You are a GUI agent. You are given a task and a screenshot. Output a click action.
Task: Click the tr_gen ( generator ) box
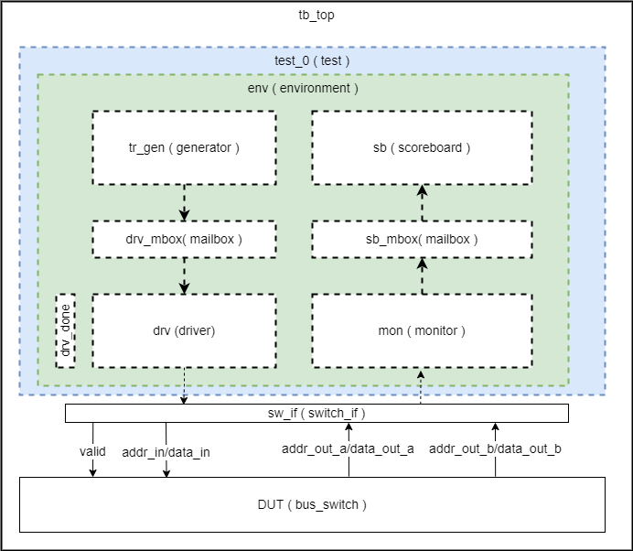tap(184, 147)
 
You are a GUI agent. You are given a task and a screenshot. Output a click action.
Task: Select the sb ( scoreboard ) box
tap(422, 147)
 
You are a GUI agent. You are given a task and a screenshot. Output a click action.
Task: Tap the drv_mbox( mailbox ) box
tap(184, 239)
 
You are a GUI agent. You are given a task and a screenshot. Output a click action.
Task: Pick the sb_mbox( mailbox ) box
tap(422, 239)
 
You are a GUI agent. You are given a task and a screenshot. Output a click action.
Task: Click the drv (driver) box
tap(184, 330)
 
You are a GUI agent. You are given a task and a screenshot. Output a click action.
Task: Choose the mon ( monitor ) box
tap(422, 330)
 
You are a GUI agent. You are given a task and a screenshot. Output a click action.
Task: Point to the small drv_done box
tap(66, 331)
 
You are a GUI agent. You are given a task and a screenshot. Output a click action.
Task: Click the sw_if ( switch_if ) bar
tap(316, 414)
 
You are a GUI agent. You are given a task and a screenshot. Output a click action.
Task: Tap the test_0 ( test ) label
tap(312, 61)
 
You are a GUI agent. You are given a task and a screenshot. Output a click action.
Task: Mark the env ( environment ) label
tap(303, 89)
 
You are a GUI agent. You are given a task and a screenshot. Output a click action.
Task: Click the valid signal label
tap(93, 451)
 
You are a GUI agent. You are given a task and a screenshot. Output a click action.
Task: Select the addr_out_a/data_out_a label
tap(348, 449)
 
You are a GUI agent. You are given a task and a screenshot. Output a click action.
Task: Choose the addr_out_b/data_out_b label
tap(495, 449)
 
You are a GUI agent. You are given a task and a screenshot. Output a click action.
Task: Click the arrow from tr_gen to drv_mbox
tap(184, 202)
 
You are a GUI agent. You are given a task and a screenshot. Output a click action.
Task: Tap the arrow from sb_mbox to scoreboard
tap(422, 202)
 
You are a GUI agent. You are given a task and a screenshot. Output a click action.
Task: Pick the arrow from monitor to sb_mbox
tap(422, 275)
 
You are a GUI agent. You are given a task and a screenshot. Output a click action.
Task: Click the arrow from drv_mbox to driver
tap(184, 275)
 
